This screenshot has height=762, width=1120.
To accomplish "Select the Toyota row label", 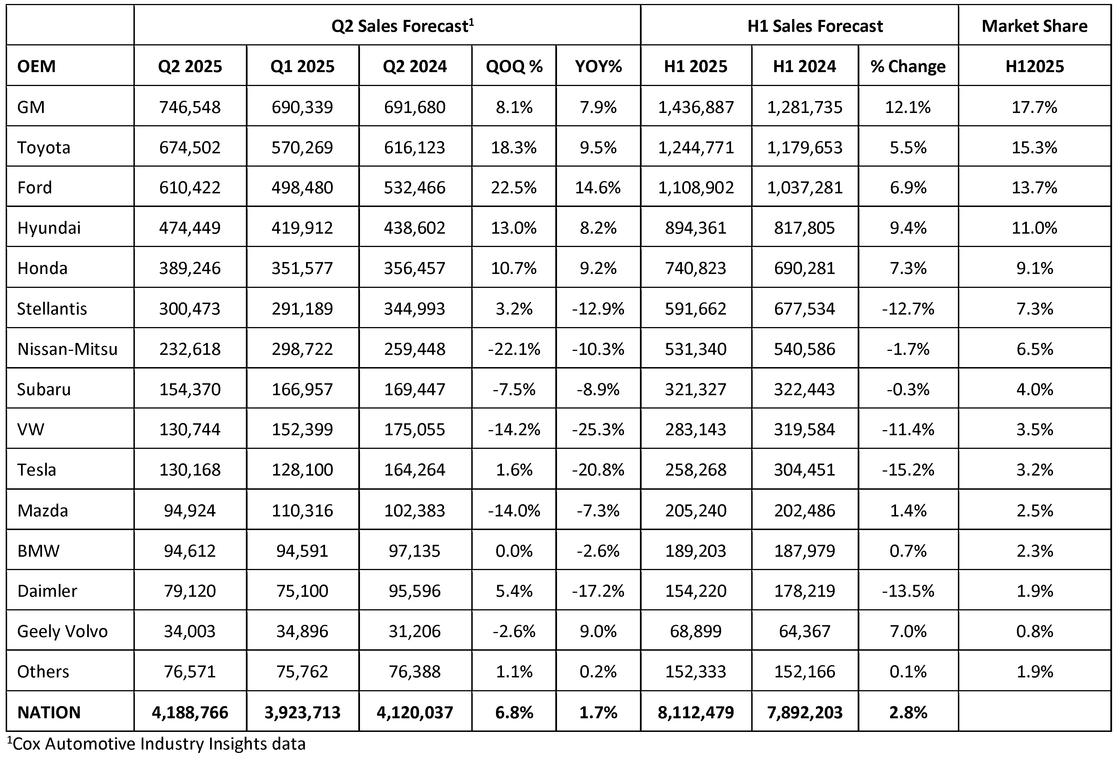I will click(44, 147).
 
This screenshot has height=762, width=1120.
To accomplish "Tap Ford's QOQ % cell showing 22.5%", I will click(514, 187).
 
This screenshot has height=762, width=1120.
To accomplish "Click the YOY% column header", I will click(598, 66).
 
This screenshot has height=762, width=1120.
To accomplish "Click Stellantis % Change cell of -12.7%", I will click(908, 309).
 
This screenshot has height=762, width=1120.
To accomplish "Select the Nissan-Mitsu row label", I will click(68, 349).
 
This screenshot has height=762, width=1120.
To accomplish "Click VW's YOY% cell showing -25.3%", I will click(598, 430).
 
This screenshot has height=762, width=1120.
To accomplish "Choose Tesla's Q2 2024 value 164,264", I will click(414, 470).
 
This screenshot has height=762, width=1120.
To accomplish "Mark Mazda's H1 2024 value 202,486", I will click(804, 510).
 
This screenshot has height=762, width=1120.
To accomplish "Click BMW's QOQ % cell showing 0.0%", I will click(514, 551).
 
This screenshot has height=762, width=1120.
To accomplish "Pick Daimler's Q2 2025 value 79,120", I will click(190, 591).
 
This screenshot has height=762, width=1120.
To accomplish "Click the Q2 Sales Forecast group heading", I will click(402, 26).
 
